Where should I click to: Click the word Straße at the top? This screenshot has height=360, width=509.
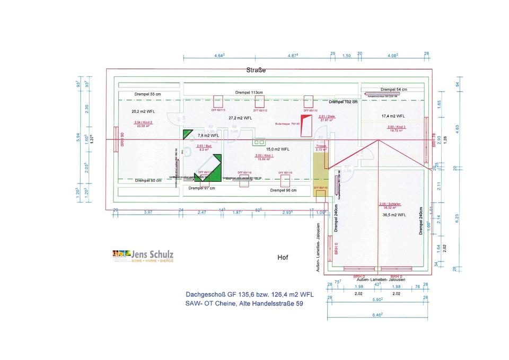tap(256, 70)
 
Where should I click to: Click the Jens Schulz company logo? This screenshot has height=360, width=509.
tap(143, 256)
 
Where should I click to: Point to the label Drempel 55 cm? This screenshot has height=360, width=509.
tap(147, 94)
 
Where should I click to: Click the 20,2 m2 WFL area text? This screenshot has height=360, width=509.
tap(143, 112)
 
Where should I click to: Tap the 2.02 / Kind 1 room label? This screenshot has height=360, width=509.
tap(264, 156)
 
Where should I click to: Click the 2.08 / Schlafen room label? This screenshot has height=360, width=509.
tap(390, 205)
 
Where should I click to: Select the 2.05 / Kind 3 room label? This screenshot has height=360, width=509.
tap(397, 128)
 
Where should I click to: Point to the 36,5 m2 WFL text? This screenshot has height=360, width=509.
tap(394, 215)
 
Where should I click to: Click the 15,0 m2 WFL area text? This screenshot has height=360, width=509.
tap(277, 149)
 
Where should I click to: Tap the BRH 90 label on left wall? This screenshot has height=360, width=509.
tap(122, 139)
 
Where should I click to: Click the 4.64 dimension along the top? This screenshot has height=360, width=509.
tap(220, 55)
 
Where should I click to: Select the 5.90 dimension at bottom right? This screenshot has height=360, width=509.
tap(376, 300)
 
